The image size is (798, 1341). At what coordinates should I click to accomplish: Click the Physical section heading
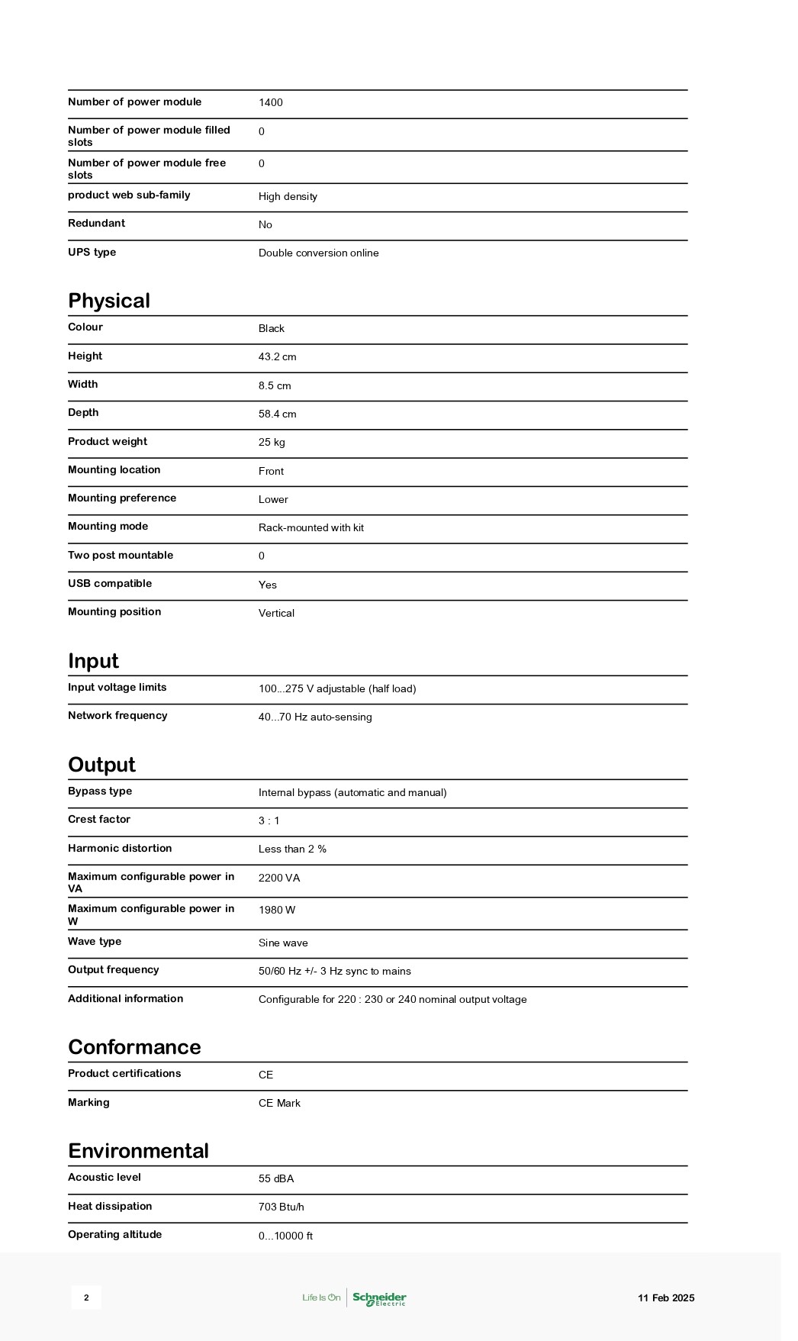point(109,301)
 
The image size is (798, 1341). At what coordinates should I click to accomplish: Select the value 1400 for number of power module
point(270,103)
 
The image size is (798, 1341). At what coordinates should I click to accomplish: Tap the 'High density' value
point(288,197)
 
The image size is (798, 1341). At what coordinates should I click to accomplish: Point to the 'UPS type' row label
point(92,253)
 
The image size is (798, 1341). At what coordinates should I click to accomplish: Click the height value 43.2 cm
point(277,357)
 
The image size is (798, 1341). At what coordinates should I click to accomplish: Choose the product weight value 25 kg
point(272,443)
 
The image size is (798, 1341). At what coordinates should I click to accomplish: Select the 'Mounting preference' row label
point(122,498)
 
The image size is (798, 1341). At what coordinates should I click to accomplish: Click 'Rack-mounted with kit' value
point(311,528)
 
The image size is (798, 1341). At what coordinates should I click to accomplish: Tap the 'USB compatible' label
point(110,584)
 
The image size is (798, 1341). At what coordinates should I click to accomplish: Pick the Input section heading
point(93,661)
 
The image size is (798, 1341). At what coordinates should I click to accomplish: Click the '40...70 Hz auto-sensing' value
point(315,717)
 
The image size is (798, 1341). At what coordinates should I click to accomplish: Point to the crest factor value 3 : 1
point(269,821)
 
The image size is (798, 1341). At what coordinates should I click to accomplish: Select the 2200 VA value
point(279,878)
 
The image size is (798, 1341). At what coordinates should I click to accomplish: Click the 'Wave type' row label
point(95,942)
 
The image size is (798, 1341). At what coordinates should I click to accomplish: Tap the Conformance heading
point(134,1047)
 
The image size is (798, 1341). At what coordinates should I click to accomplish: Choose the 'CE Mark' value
point(279,1104)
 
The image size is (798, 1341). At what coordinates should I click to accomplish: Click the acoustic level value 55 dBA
point(276,1179)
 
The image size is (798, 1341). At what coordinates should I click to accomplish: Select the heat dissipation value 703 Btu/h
point(281,1207)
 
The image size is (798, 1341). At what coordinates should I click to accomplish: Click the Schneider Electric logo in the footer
point(379,1298)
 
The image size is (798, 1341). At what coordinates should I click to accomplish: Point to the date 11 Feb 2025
point(666,1298)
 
